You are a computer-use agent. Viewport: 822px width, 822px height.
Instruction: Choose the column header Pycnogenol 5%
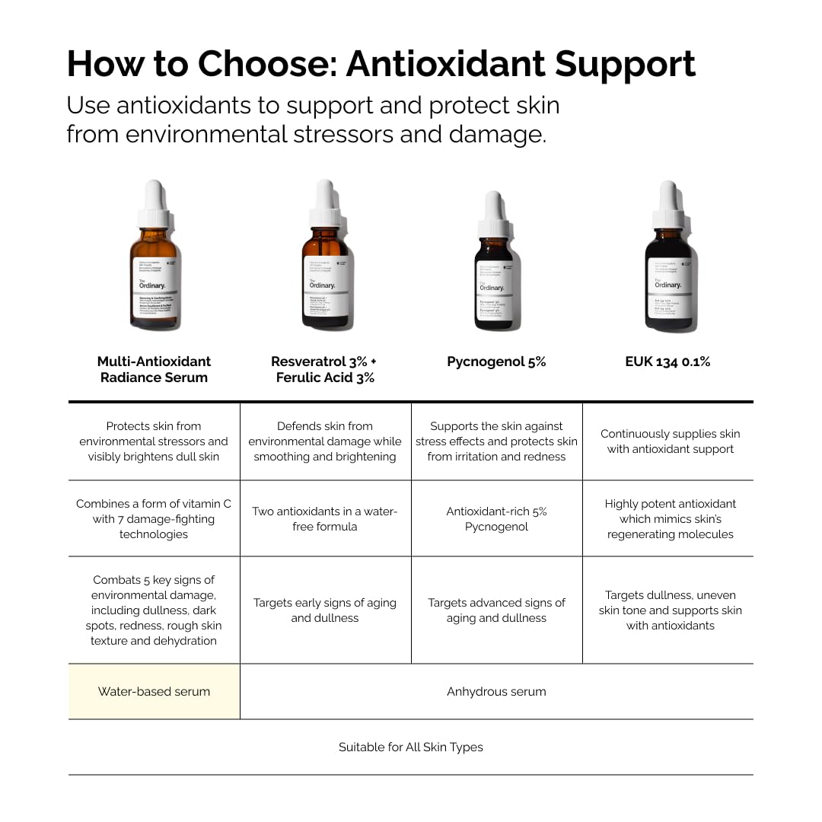pos(496,362)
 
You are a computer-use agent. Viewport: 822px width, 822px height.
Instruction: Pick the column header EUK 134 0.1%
pos(667,362)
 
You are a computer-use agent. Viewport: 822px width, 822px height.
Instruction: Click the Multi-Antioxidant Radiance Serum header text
pos(154,369)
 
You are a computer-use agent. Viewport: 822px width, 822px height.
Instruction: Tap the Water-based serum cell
pos(154,692)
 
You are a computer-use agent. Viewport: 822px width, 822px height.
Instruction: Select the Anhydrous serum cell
pos(496,692)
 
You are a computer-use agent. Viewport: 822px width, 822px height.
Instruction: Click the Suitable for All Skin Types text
pos(411,747)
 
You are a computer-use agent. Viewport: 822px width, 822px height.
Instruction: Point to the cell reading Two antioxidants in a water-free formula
pos(325,519)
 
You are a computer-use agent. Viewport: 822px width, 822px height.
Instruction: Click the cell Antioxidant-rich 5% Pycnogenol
pos(496,519)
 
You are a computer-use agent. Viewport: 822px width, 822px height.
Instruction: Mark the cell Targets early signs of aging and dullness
pos(325,610)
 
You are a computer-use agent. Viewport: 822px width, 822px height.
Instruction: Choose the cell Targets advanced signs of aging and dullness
pos(496,610)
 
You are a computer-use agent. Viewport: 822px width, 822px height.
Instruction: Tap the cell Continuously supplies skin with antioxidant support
pos(670,441)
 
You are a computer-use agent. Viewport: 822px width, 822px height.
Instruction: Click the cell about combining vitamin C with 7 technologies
pos(154,519)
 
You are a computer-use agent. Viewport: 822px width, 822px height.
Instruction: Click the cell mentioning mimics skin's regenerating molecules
pos(670,519)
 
